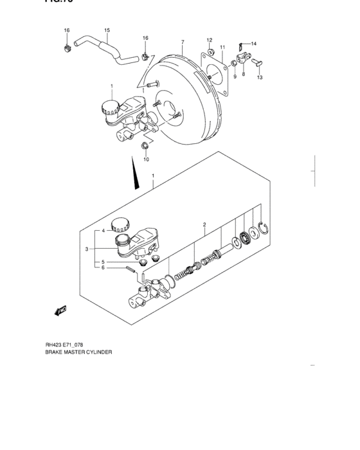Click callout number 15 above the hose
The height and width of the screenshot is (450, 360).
click(107, 30)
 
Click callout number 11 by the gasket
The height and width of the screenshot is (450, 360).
click(222, 47)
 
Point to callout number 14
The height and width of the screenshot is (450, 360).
click(253, 43)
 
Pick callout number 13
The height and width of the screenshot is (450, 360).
click(260, 77)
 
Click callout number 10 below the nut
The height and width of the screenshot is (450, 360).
click(146, 159)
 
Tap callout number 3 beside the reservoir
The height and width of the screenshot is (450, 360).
click(86, 249)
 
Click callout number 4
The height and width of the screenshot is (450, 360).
click(102, 230)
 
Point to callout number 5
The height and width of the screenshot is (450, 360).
click(102, 262)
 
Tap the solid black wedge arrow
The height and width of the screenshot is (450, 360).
click(135, 176)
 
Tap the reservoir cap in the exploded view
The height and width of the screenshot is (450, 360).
click(119, 224)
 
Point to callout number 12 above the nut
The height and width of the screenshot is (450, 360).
click(209, 40)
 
